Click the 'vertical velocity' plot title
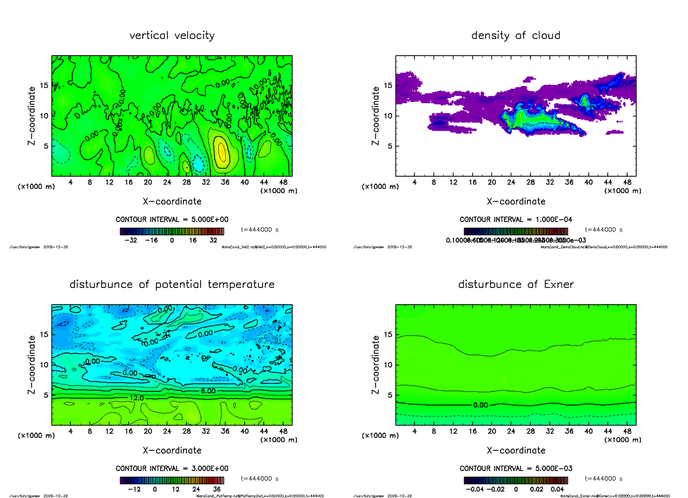coord(172,36)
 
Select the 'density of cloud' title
coord(515,36)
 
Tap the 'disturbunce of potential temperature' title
coord(172,285)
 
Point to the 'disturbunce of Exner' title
coord(515,285)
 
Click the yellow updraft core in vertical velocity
coord(222,151)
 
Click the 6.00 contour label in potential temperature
coord(208,390)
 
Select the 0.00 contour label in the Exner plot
coord(480,405)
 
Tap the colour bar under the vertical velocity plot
coord(171,231)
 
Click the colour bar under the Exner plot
coord(515,480)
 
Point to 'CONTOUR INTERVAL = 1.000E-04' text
coord(515,220)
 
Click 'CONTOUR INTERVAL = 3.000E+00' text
coord(171,469)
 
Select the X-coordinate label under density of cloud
coord(515,201)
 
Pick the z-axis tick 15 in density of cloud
coord(388,85)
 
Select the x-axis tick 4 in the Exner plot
coord(415,431)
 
